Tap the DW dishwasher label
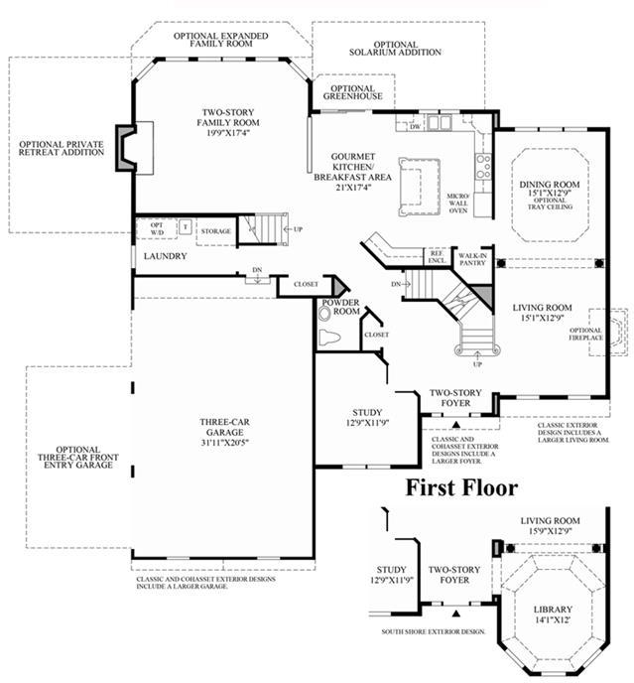tap(415, 127)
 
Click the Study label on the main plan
tap(368, 412)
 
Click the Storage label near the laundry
tap(215, 232)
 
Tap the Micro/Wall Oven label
tap(457, 204)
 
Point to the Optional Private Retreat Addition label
tap(61, 149)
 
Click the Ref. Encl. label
tap(437, 256)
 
